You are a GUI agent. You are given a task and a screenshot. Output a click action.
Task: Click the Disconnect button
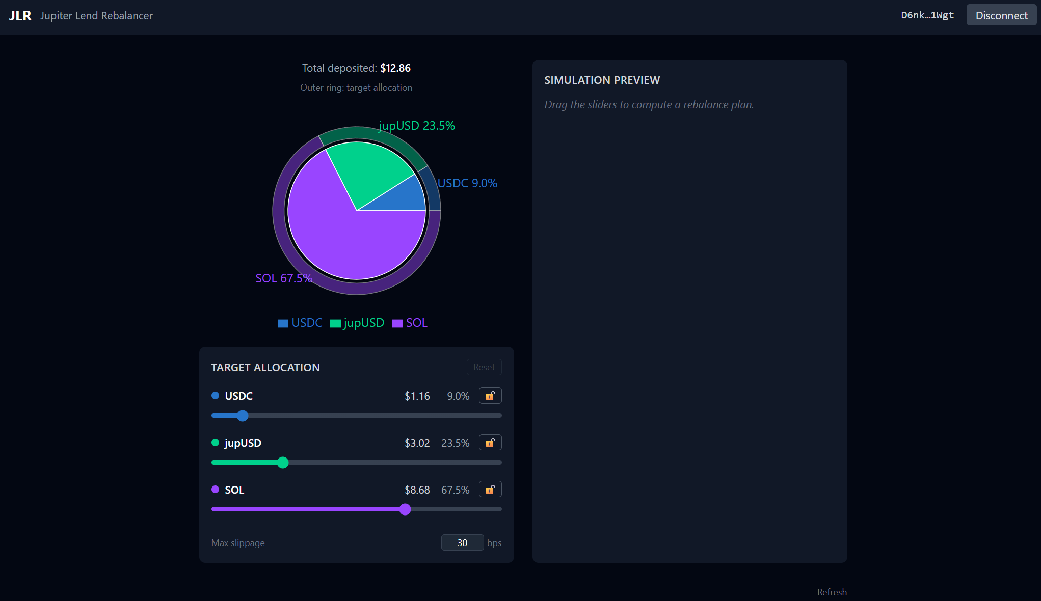coord(1001,15)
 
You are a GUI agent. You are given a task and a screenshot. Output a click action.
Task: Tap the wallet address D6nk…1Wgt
coord(927,15)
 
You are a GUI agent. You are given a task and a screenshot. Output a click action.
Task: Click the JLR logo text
coord(20,16)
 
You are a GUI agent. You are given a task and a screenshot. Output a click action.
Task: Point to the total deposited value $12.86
coord(395,68)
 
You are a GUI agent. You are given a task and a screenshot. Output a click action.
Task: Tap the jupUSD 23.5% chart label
coord(417,126)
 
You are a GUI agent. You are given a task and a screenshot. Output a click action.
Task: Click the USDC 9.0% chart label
coord(467,183)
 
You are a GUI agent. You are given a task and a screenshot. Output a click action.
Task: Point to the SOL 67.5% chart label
coord(284,278)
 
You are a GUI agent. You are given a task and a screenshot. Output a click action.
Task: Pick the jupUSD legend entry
coord(357,323)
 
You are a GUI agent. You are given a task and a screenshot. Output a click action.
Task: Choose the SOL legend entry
coord(410,323)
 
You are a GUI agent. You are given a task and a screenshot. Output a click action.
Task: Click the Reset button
coord(484,367)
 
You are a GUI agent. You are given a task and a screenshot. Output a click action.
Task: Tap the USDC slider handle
coord(243,416)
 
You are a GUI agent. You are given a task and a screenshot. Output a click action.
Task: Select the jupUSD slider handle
coord(283,463)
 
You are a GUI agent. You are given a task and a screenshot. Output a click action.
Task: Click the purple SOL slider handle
coord(405,509)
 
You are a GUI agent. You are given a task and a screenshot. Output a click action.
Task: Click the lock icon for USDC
coord(490,396)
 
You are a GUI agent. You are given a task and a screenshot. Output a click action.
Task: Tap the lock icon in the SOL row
coord(490,490)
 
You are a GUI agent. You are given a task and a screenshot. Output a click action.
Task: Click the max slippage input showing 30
coord(462,543)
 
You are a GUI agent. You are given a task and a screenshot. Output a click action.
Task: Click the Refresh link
coord(832,592)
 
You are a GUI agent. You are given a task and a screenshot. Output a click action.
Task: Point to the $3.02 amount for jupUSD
coord(417,443)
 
